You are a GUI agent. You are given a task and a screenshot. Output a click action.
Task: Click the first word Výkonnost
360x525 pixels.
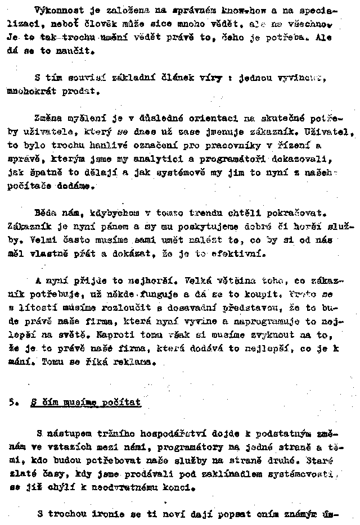click(55, 11)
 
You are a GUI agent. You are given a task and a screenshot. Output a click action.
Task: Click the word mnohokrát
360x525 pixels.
click(29, 90)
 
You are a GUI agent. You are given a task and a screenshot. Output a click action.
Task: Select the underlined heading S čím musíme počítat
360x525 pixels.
click(85, 402)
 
